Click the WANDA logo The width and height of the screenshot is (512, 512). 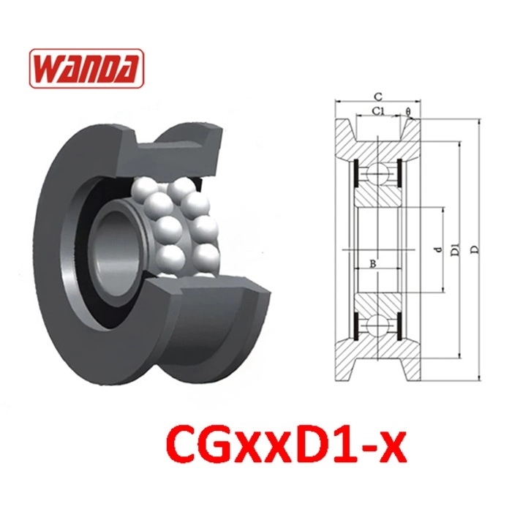[86, 68]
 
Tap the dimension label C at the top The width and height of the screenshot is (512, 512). [378, 97]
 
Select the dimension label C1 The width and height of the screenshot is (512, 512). [378, 110]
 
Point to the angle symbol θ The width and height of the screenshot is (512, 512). [408, 111]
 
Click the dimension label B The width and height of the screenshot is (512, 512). [373, 264]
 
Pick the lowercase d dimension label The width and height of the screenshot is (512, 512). [439, 249]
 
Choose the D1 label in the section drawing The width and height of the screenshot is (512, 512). [455, 249]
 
